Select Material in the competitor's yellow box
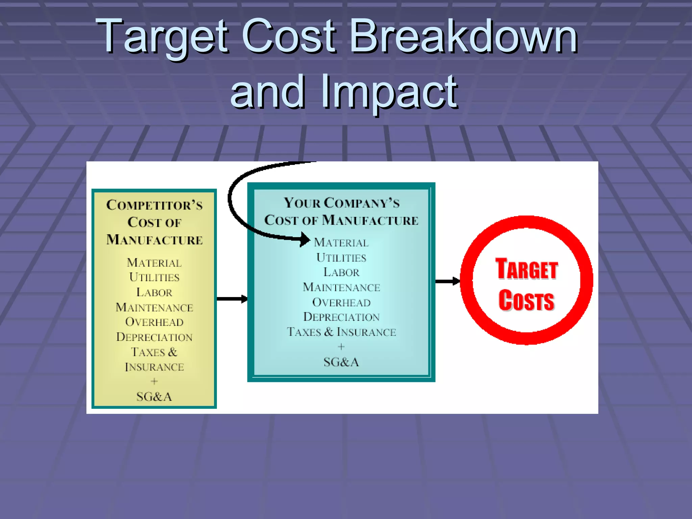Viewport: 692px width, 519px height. click(154, 263)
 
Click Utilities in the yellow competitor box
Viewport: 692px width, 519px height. click(154, 277)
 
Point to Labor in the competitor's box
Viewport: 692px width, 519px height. click(154, 292)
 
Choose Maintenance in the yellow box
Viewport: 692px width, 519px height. click(154, 307)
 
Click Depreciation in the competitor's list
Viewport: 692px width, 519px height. click(154, 337)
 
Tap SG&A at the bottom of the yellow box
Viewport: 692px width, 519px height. click(154, 397)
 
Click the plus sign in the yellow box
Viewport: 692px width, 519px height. click(154, 381)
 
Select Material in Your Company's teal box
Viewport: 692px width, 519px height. click(341, 243)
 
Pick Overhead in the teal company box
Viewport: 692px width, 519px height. click(341, 302)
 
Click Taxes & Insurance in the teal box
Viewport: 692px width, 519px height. click(341, 332)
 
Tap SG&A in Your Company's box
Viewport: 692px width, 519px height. click(341, 362)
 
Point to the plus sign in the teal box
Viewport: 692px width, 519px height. click(341, 347)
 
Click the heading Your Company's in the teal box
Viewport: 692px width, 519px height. click(342, 203)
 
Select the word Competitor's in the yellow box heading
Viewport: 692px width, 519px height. click(154, 205)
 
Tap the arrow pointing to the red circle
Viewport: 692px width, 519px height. click(448, 281)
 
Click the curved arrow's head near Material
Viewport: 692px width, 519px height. click(305, 240)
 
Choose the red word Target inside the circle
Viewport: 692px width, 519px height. click(526, 269)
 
